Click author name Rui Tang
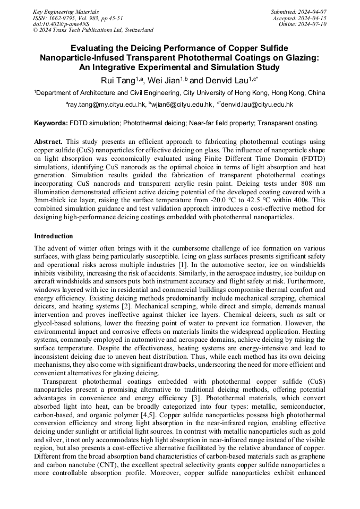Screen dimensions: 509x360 [118, 81]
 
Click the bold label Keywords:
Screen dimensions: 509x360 [51, 123]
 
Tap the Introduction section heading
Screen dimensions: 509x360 [54, 236]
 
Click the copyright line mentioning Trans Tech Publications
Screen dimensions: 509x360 [93, 30]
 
